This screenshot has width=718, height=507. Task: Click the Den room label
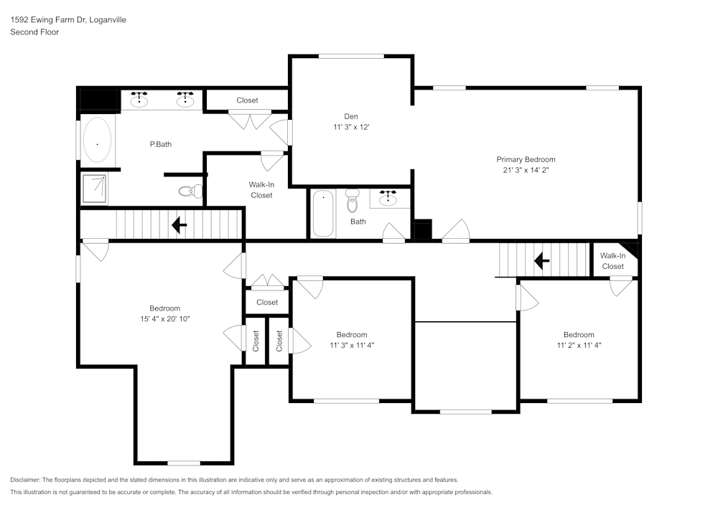point(350,116)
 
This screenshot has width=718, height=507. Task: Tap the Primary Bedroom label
point(526,159)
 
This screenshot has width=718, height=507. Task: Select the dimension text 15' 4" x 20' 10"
point(164,319)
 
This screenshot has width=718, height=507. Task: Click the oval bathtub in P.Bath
point(97,142)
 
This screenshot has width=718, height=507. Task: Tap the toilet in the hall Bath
point(352,202)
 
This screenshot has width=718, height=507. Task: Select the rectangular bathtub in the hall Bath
point(324,213)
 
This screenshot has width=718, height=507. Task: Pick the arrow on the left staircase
point(178,226)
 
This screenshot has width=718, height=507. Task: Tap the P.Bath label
point(160,144)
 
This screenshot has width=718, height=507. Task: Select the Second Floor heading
point(34,32)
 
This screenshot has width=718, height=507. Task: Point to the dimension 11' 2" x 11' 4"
point(578,345)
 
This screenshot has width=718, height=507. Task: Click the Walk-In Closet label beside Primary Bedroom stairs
point(612,261)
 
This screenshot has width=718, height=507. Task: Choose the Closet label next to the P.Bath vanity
point(247,100)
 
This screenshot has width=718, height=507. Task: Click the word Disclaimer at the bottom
point(26,480)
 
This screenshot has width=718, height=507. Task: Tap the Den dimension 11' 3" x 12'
point(350,127)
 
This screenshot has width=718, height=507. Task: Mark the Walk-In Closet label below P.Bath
point(261,190)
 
